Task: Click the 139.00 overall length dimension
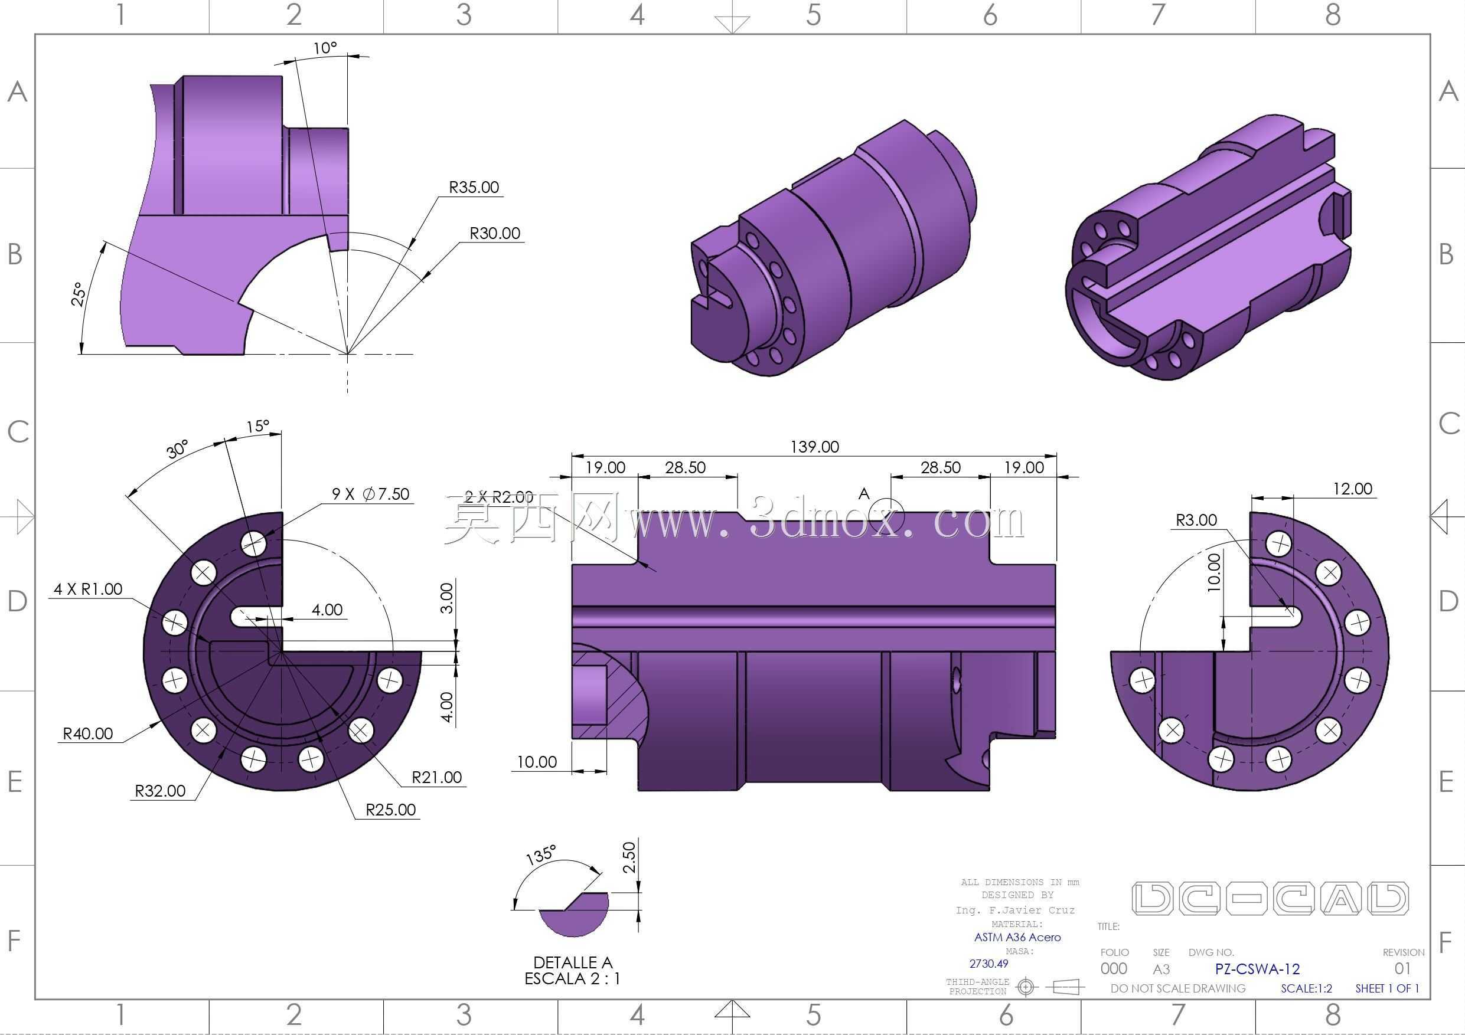point(814,447)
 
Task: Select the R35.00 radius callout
point(474,187)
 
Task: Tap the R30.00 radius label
point(495,232)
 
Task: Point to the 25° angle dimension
point(79,294)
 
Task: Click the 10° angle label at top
point(325,48)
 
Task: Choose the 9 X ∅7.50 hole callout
point(371,493)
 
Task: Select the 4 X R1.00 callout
point(88,588)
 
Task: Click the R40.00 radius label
point(88,733)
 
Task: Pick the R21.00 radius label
point(436,777)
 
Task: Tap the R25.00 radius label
point(390,809)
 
